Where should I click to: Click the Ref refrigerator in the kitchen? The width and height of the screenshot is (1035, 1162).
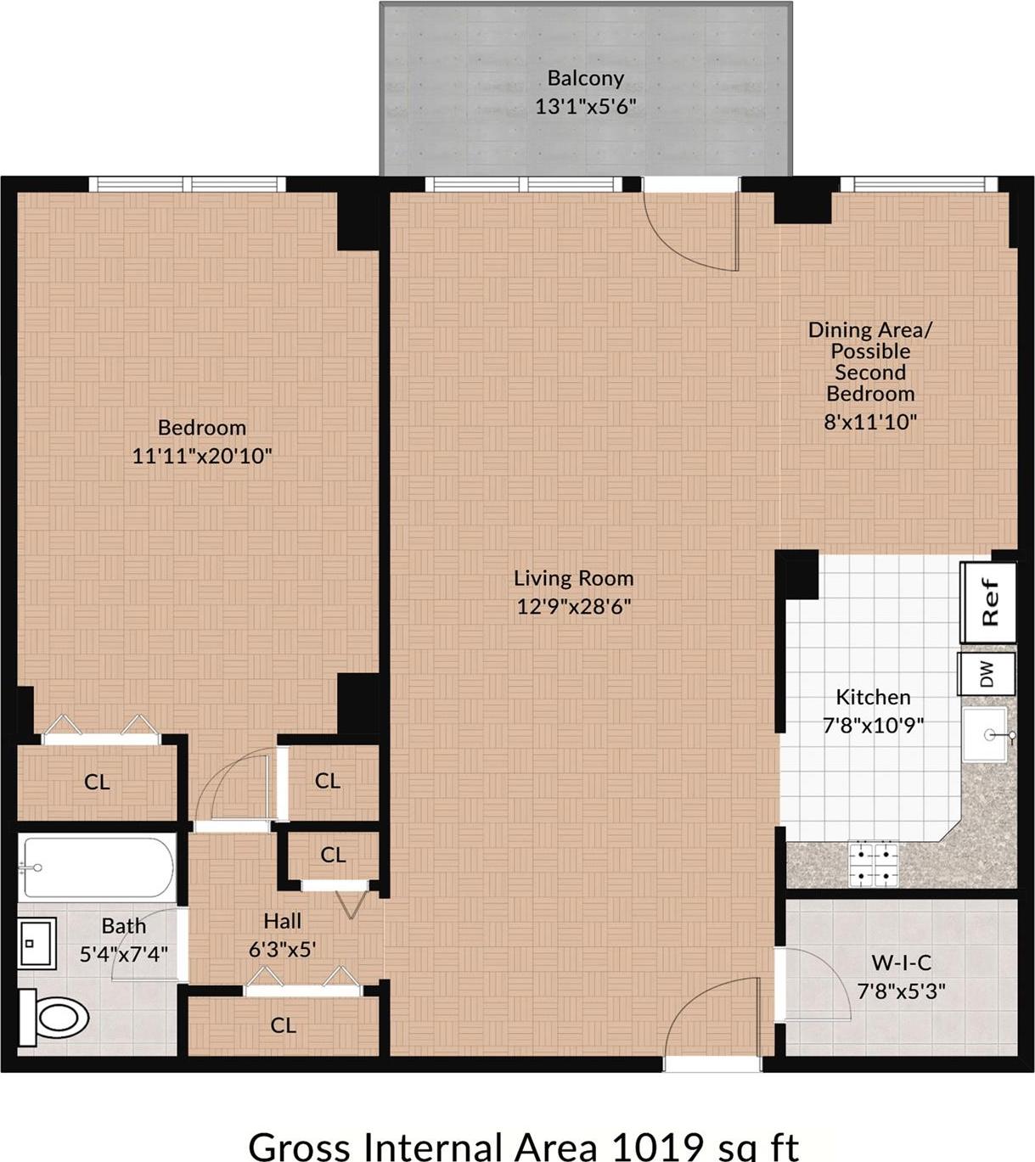[x=988, y=601]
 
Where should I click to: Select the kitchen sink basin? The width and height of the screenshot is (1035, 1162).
[x=986, y=735]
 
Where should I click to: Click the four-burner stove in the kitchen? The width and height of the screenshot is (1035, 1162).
[x=874, y=864]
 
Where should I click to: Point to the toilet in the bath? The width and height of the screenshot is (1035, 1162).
[x=56, y=1017]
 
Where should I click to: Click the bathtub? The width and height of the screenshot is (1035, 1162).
[x=98, y=867]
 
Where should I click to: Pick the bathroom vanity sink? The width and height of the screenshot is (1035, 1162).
[x=37, y=943]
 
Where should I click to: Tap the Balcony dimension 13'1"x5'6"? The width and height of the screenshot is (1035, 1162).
[x=585, y=107]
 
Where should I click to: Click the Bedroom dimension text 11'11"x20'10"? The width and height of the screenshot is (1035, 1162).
[x=202, y=456]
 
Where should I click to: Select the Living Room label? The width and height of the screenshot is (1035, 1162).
[x=574, y=578]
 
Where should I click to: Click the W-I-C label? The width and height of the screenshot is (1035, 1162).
[x=901, y=963]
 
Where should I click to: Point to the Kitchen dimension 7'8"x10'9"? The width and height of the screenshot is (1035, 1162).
[x=873, y=726]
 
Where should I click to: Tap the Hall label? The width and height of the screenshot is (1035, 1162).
[x=282, y=921]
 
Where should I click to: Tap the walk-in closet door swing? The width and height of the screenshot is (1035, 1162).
[x=817, y=985]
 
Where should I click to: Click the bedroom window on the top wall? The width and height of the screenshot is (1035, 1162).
[x=188, y=184]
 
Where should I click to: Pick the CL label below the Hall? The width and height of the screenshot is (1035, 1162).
[x=284, y=1025]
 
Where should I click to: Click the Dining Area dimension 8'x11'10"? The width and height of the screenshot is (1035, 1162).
[x=870, y=421]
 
